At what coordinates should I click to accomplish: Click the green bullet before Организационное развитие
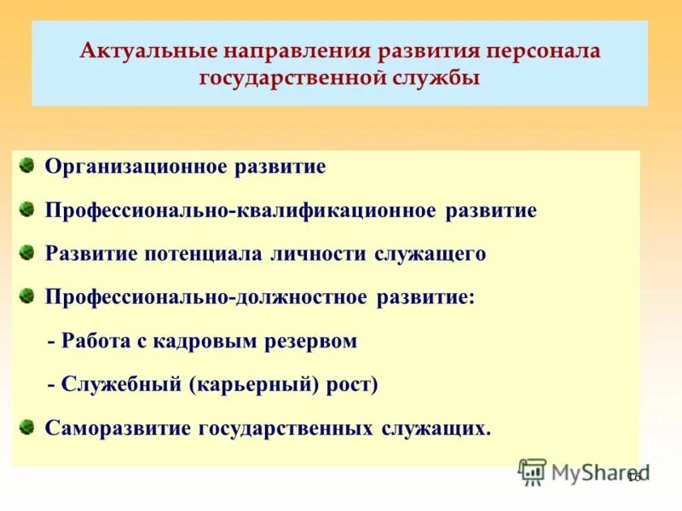26,164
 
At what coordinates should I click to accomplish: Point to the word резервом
310,342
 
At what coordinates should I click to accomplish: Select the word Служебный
114,384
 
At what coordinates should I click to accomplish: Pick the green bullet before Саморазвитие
26,426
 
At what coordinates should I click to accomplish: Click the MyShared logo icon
532,471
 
